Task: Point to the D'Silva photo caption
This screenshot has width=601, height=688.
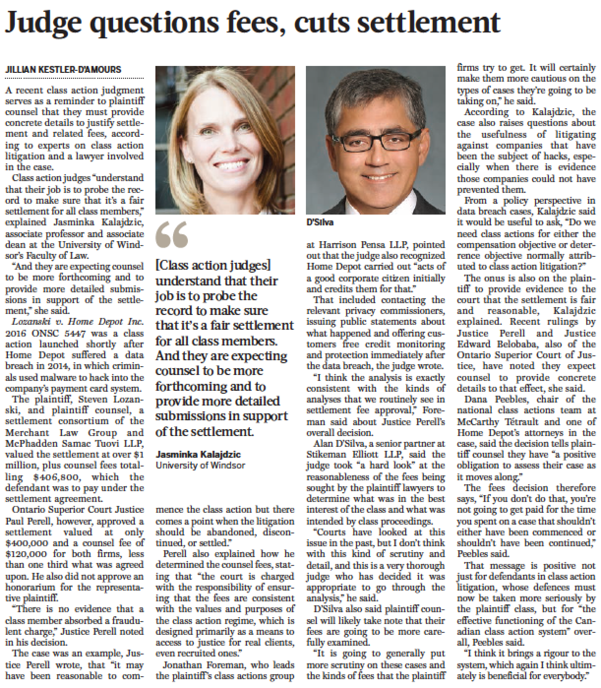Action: (320, 222)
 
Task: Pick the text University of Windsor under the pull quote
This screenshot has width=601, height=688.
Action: (200, 465)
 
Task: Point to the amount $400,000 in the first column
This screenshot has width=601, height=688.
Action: (25, 543)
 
